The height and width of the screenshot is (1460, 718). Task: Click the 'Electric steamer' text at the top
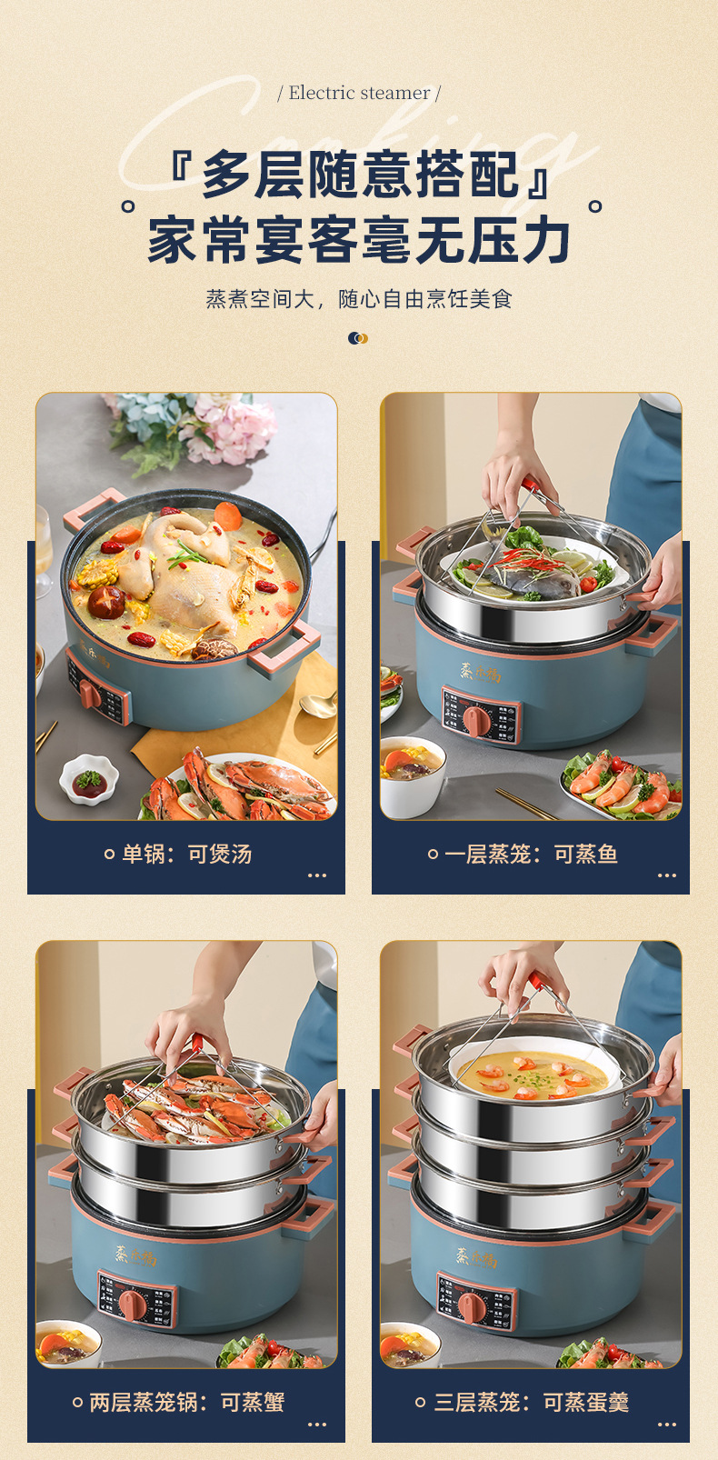coord(359,93)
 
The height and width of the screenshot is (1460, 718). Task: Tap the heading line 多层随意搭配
coord(360,174)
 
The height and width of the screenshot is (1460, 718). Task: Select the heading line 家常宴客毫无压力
coord(360,240)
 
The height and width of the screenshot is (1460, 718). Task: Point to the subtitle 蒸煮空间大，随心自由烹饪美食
coord(359,299)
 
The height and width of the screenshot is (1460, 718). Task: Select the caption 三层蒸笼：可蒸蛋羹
coord(531,1402)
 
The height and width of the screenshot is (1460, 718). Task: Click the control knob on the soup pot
coord(89,694)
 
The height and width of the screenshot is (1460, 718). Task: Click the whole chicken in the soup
coord(195,573)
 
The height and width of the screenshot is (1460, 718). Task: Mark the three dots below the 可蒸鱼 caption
coord(667,875)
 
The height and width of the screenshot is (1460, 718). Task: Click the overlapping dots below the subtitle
coord(358,338)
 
